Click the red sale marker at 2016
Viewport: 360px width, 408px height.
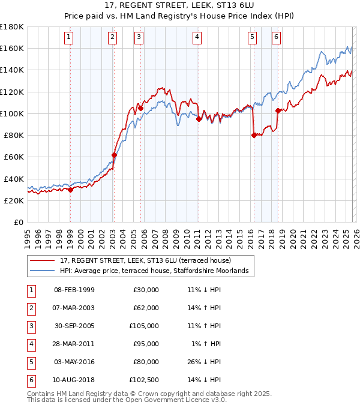[x=254, y=135]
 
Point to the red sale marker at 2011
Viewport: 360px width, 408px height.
[x=199, y=119]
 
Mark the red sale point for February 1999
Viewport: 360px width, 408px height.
[x=70, y=190]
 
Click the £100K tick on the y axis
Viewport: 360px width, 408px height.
[x=12, y=113]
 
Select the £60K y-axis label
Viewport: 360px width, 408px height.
[x=14, y=157]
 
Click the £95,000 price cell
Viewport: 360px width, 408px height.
[x=146, y=344]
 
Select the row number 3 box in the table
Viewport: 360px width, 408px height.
[x=31, y=326]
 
